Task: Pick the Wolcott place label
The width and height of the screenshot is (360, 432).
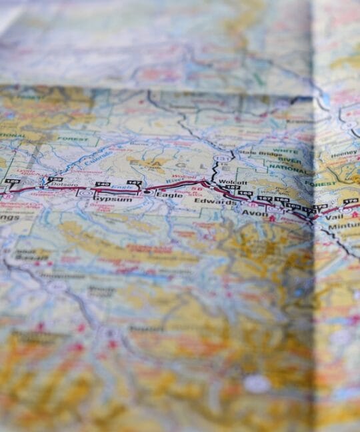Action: tap(233, 182)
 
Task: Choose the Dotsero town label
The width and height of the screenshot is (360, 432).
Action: tap(65, 185)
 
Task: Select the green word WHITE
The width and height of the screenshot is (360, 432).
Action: tap(285, 151)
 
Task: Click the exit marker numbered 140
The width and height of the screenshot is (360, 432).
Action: tap(102, 184)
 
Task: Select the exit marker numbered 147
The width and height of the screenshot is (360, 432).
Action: tap(135, 183)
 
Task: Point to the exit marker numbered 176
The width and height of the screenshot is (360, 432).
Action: tap(351, 200)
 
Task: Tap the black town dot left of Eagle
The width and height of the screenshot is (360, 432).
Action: tap(147, 192)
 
